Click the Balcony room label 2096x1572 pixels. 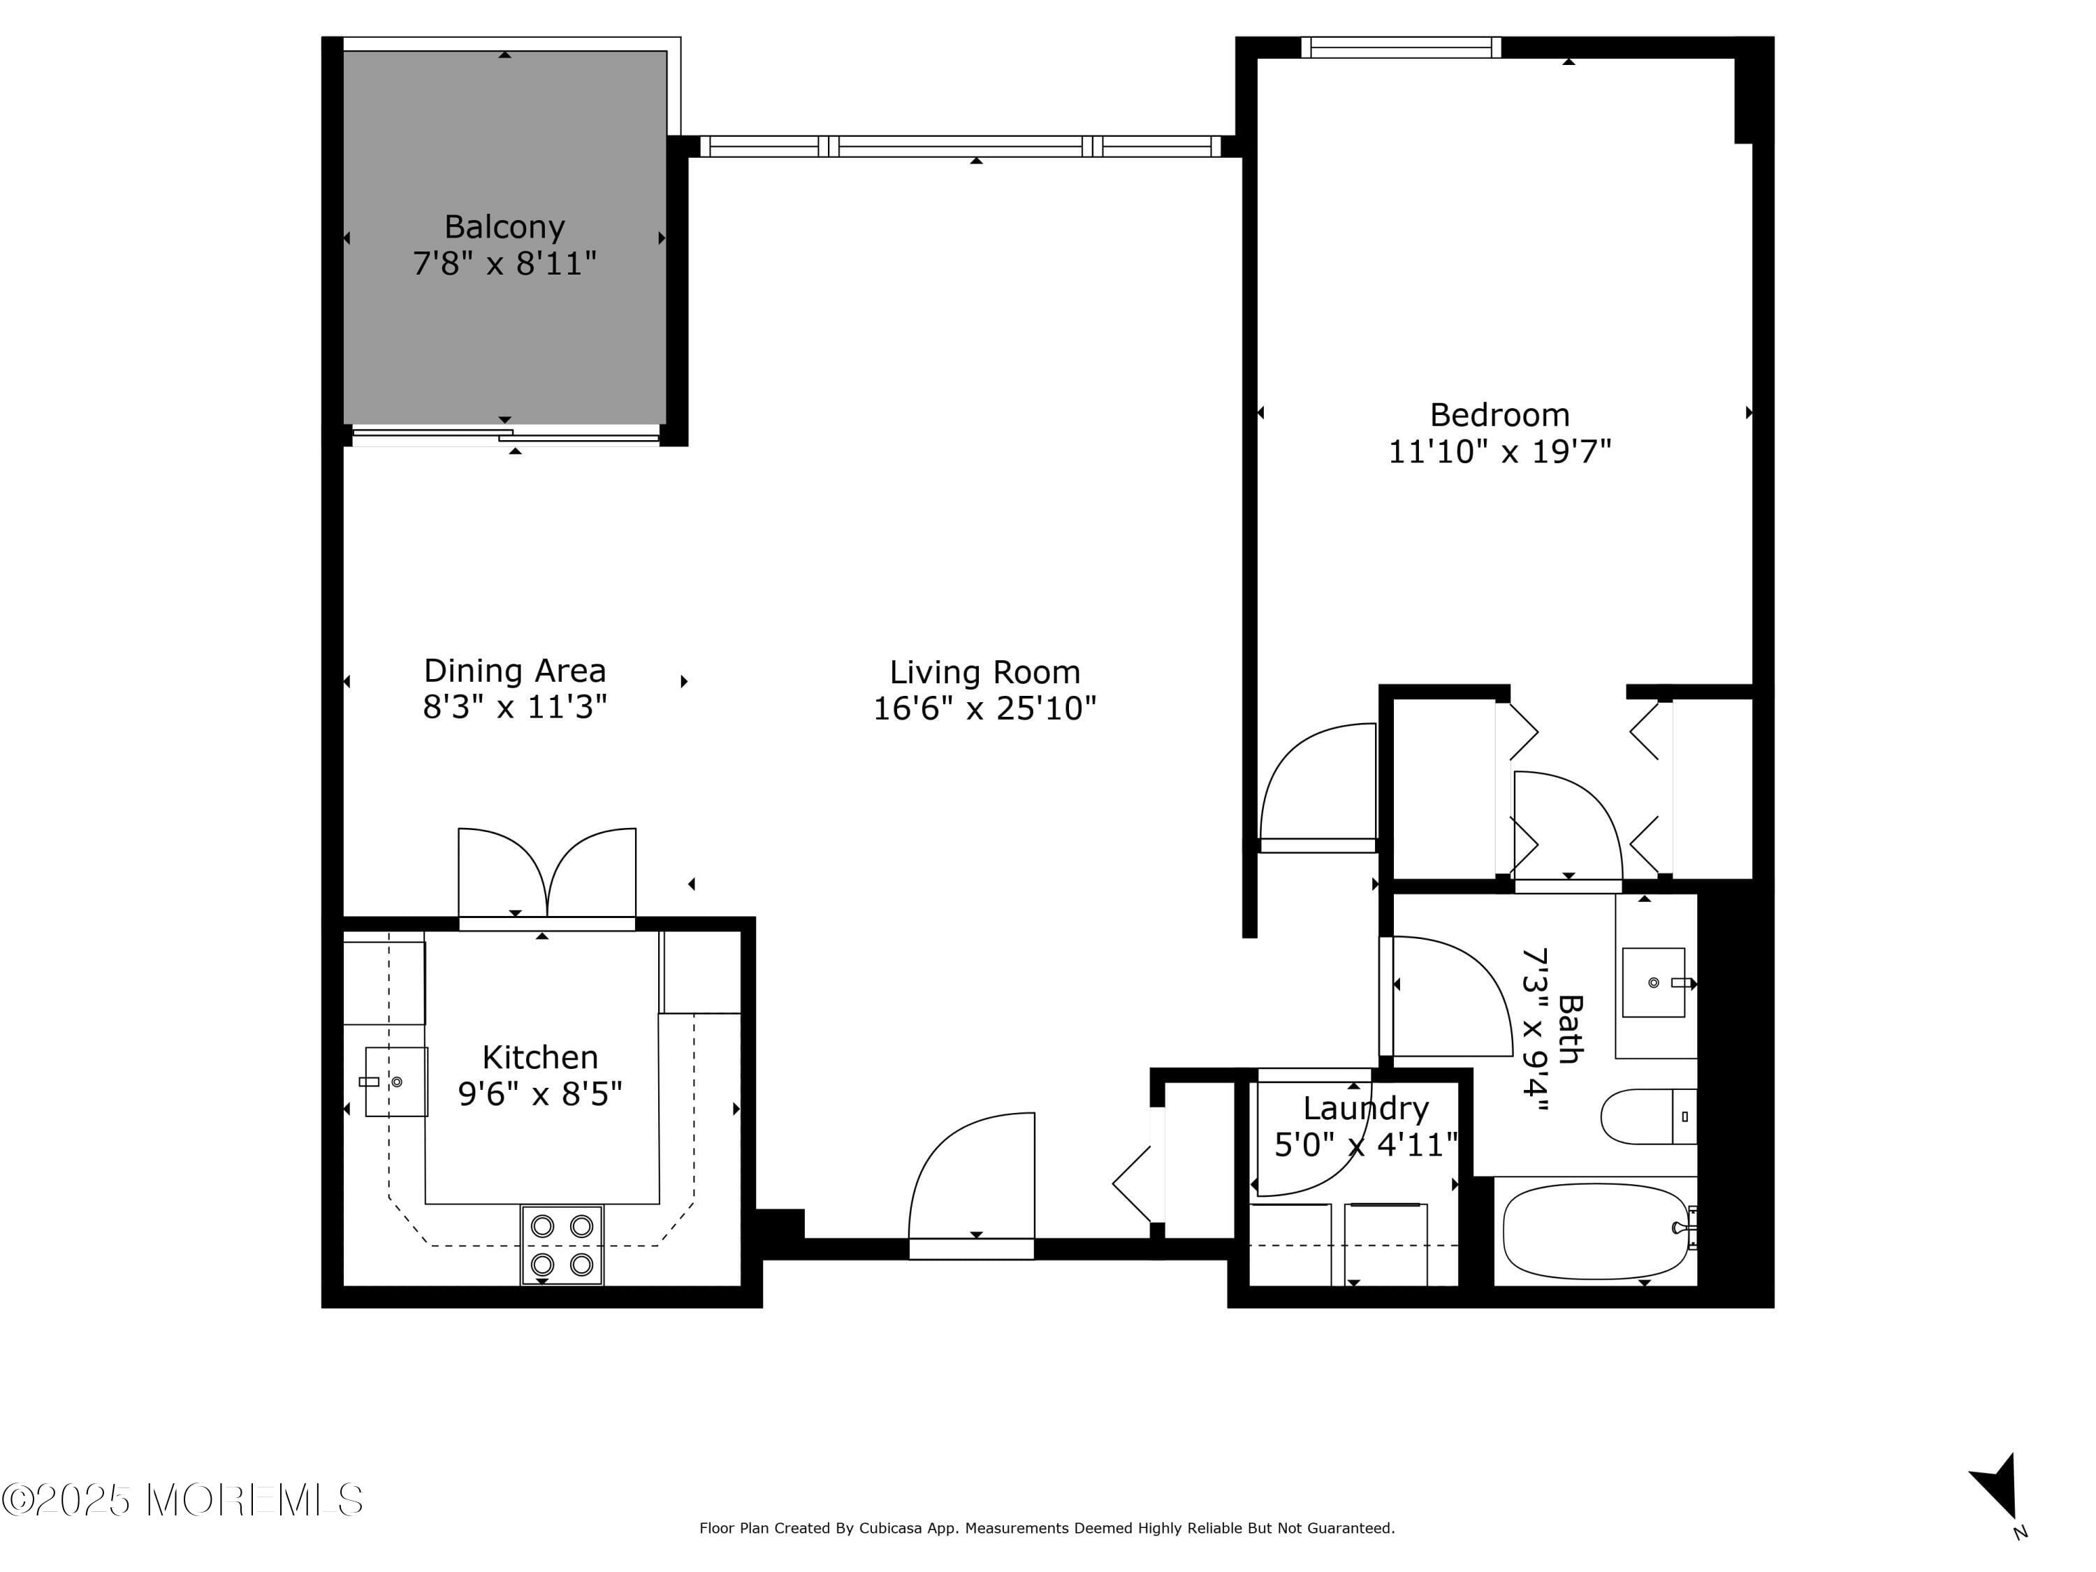point(504,226)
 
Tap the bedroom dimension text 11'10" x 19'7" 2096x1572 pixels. point(1499,451)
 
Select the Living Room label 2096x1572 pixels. point(984,672)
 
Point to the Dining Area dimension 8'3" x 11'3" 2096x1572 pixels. point(514,707)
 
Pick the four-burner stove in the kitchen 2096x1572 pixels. point(562,1244)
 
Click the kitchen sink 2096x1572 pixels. point(396,1081)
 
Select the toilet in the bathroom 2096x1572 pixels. point(1647,1116)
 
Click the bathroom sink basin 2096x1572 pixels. point(1654,982)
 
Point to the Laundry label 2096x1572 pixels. point(1365,1107)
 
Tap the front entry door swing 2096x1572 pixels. point(971,1180)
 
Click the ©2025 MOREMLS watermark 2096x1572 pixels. point(182,1500)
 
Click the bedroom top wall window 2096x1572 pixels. point(1401,48)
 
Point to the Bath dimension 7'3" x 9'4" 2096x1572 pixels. point(1535,1029)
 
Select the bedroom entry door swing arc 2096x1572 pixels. point(1317,782)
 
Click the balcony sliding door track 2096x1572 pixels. point(505,436)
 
